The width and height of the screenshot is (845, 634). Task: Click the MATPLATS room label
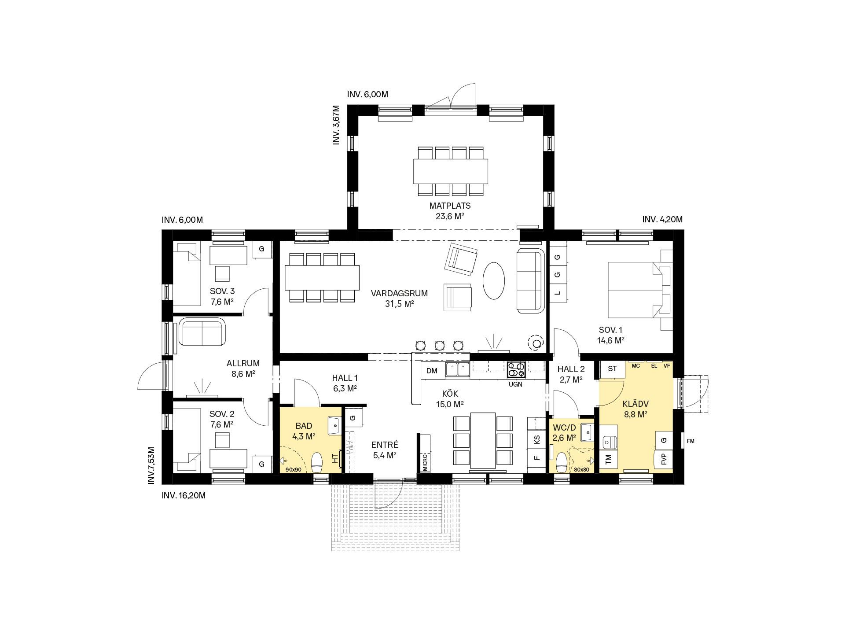450,206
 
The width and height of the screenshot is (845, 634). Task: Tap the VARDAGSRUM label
399,293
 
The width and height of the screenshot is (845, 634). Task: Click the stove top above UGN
516,370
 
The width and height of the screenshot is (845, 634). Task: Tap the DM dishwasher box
432,371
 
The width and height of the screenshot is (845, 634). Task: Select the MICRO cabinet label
425,462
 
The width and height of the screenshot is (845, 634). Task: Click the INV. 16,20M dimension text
184,495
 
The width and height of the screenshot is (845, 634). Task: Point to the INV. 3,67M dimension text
336,125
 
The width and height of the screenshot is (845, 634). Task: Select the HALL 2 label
571,369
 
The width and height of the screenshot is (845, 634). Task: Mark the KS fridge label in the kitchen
536,439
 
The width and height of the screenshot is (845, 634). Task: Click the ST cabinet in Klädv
612,369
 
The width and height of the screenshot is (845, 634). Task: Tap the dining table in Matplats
451,171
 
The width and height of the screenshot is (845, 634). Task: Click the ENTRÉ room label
385,444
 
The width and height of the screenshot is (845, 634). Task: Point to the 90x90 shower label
293,470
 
